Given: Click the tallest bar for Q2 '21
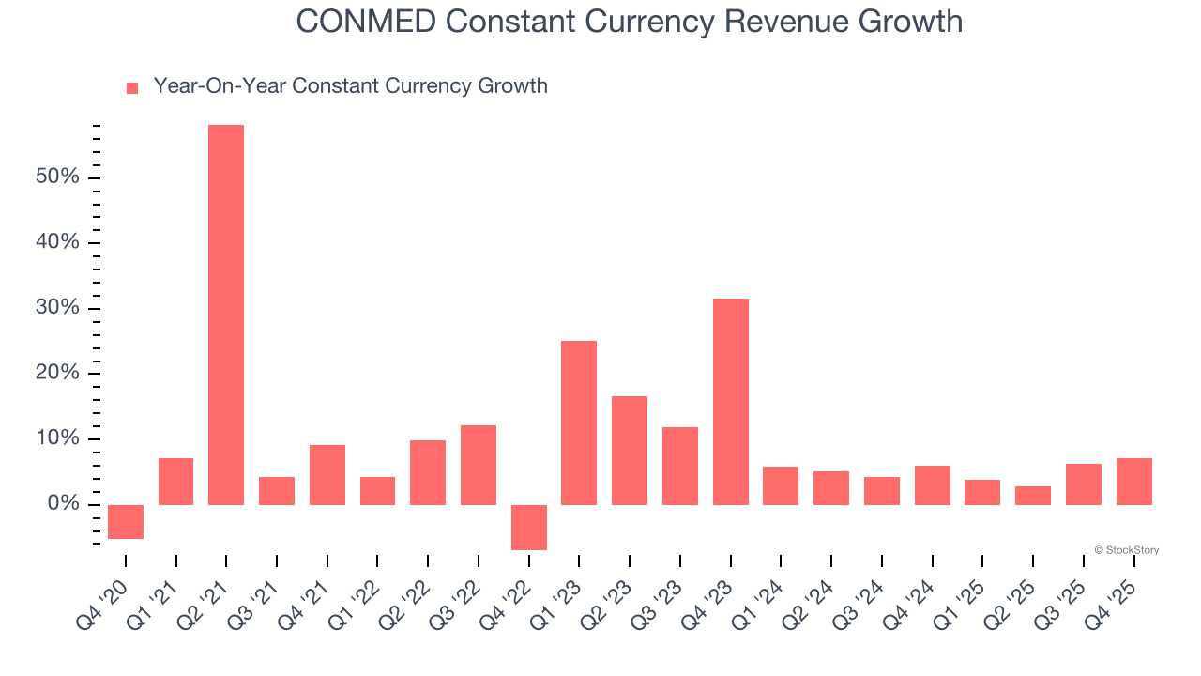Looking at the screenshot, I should click(226, 315).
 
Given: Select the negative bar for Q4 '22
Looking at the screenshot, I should click(529, 527).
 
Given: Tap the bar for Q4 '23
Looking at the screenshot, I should click(731, 401).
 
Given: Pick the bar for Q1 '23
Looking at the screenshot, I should click(579, 422).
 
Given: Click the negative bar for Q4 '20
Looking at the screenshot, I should click(126, 521).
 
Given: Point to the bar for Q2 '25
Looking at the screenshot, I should click(1033, 495).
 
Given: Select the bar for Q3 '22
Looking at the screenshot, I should click(479, 465).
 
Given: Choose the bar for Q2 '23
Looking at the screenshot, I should click(630, 450).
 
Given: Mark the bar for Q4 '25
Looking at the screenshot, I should click(1133, 481).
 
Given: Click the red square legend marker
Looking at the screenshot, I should click(132, 87).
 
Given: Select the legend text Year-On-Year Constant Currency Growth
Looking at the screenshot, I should click(350, 86).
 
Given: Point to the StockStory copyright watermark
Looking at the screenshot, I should click(1126, 550).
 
